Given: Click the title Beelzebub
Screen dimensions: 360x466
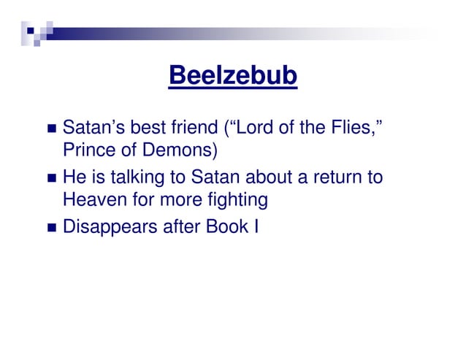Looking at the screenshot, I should click(x=232, y=75).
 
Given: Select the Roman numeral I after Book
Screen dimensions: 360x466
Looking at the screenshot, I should click(x=256, y=226).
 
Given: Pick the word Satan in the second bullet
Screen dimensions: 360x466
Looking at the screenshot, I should click(x=215, y=177).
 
